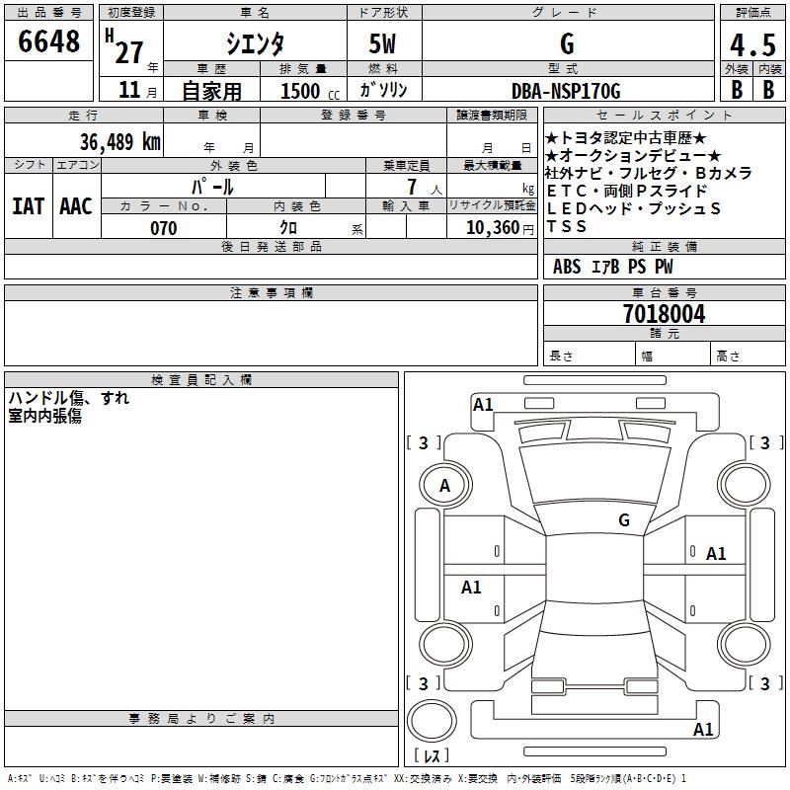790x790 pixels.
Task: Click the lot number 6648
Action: [x=49, y=41]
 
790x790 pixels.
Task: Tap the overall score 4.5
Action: [x=752, y=44]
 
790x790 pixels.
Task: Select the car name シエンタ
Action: [x=255, y=43]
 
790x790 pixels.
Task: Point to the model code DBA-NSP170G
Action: [x=566, y=91]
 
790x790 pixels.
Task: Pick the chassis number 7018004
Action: [x=664, y=315]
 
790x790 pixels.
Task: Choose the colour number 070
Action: [x=163, y=228]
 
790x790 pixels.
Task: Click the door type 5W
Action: [x=383, y=43]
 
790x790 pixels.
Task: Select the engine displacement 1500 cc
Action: [x=306, y=92]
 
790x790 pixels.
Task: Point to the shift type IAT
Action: [x=28, y=205]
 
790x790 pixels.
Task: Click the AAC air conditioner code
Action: [x=76, y=205]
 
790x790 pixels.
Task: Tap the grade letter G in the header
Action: [x=567, y=43]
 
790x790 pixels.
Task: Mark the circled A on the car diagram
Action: [x=444, y=486]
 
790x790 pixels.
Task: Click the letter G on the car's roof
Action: [x=623, y=519]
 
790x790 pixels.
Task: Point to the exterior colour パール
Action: [x=212, y=186]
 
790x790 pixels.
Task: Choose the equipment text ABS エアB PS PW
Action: [x=612, y=267]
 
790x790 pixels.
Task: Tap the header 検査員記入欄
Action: [x=201, y=380]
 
